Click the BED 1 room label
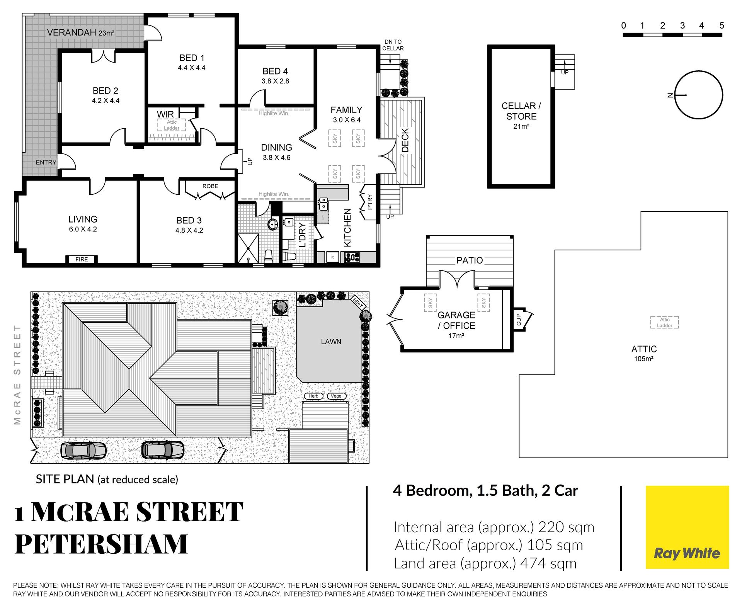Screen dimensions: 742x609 click(192, 58)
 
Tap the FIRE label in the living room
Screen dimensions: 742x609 click(82, 259)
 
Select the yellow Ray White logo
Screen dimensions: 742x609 click(687, 527)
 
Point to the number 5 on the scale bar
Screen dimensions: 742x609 click(722, 26)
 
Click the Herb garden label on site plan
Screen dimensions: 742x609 click(313, 396)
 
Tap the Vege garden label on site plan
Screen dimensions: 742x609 click(336, 396)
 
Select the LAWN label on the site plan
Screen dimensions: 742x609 click(331, 342)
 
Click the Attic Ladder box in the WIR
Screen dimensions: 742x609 click(172, 125)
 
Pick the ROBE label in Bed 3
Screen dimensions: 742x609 click(210, 186)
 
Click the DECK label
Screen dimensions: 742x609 click(405, 140)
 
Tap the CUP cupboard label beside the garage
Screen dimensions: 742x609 click(519, 320)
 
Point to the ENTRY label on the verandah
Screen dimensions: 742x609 click(46, 162)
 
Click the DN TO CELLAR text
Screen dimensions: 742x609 click(393, 45)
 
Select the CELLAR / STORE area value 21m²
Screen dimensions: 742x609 click(521, 126)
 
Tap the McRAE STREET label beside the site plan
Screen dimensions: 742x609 click(17, 374)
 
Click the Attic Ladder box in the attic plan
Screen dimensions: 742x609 click(664, 322)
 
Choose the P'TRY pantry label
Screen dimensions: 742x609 click(369, 202)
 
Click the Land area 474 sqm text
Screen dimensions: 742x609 click(485, 563)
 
